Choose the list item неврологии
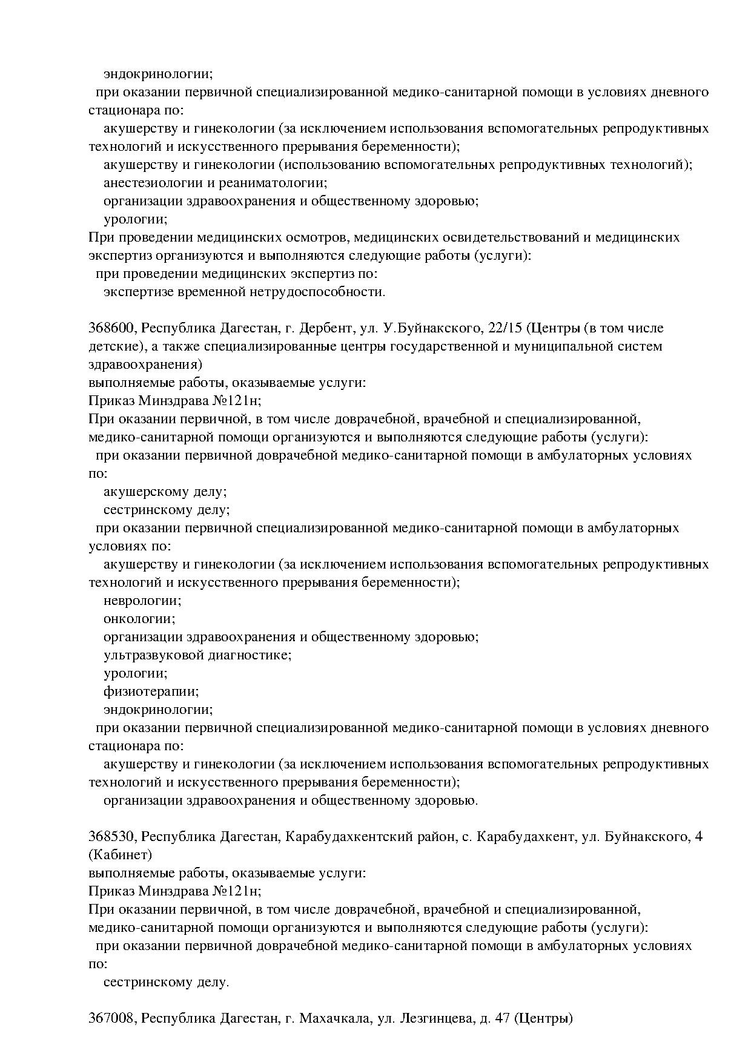[142, 601]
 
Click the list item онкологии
[139, 619]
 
